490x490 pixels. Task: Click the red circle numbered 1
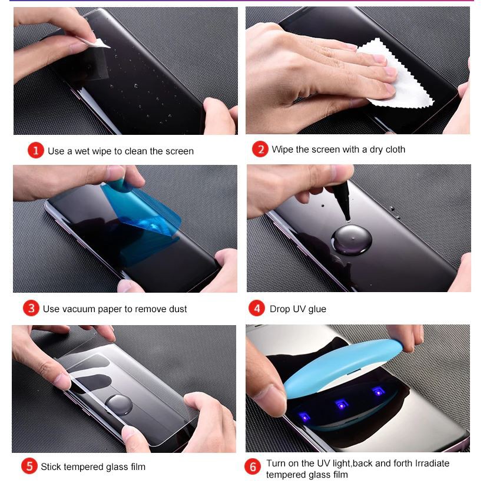35,150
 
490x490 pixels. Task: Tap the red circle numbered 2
260,149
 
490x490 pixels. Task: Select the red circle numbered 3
31,308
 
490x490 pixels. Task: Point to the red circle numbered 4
257,309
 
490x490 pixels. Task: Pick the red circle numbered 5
29,466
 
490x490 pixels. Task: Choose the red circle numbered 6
253,467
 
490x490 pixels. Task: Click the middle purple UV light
342,404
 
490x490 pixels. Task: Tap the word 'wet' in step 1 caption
82,151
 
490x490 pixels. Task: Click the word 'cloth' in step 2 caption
395,150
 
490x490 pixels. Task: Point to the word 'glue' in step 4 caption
317,309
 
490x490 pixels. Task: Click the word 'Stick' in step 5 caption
50,466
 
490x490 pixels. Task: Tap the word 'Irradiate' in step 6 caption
432,463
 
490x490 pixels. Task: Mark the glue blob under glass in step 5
119,405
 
